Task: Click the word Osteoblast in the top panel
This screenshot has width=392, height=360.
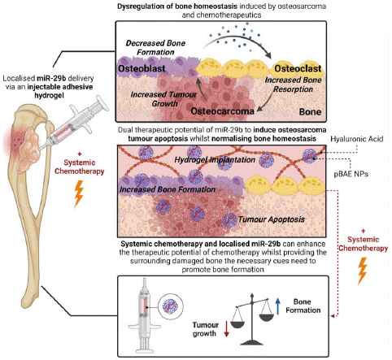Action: tap(142, 68)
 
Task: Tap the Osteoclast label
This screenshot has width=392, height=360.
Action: tap(298, 68)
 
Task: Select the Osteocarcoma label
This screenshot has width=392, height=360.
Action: tap(223, 111)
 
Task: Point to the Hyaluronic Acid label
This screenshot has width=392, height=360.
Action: tap(357, 139)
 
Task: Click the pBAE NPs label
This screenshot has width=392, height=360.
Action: tap(351, 174)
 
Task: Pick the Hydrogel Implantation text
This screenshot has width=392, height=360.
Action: tap(215, 160)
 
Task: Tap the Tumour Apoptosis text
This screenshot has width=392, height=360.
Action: tap(272, 219)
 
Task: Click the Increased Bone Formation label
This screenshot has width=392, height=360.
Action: tap(168, 189)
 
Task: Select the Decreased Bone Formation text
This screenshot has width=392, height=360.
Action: tap(155, 47)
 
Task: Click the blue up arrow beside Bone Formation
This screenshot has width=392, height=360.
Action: tap(277, 306)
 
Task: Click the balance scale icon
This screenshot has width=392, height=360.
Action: tap(252, 319)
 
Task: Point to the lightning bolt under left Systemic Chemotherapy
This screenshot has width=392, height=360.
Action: tap(79, 193)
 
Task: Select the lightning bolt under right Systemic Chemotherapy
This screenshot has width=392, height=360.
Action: tap(363, 271)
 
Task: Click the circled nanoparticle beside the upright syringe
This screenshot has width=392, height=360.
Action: tap(170, 307)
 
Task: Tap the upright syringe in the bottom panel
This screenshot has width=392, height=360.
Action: tap(144, 316)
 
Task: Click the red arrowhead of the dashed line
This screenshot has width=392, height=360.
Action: tap(333, 316)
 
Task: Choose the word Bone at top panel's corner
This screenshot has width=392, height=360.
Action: tap(310, 111)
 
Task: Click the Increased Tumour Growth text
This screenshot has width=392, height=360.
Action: tap(163, 99)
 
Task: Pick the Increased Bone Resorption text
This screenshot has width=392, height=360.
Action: tap(293, 85)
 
